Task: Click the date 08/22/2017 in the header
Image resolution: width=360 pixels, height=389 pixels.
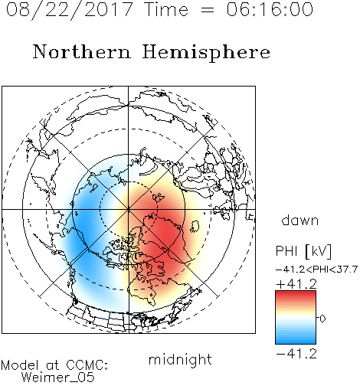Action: [70, 10]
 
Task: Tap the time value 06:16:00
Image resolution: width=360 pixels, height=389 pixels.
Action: [270, 9]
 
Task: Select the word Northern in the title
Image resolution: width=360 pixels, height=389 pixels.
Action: [82, 51]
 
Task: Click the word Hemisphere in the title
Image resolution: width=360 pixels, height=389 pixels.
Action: [206, 53]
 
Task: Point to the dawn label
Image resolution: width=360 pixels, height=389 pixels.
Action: [300, 220]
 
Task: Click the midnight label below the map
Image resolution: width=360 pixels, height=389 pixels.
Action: [180, 360]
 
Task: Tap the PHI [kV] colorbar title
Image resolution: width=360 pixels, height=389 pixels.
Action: [304, 251]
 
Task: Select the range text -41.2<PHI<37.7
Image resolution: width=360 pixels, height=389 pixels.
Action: [316, 270]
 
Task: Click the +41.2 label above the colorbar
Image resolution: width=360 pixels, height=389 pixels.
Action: [296, 284]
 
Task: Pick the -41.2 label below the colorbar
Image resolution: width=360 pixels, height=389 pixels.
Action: [296, 354]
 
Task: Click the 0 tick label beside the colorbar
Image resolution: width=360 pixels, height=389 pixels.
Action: [322, 319]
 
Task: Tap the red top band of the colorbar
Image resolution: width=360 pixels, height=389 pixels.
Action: [296, 294]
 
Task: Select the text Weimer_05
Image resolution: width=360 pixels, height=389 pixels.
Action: [58, 377]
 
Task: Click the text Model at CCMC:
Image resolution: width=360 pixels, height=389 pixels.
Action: [54, 365]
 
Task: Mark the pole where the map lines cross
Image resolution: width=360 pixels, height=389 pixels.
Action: [129, 209]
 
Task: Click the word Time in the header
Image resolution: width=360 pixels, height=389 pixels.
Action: [166, 9]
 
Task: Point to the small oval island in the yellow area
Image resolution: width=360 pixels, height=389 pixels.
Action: [195, 227]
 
